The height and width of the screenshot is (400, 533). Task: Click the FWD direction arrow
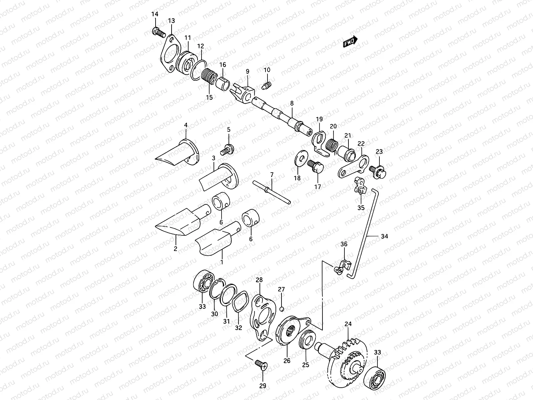[350, 42]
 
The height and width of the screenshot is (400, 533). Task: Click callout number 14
[155, 14]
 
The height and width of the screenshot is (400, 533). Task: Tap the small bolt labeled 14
[158, 32]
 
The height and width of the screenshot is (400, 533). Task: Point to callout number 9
[248, 71]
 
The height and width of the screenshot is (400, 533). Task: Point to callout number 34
[384, 236]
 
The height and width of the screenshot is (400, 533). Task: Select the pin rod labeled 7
[272, 193]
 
